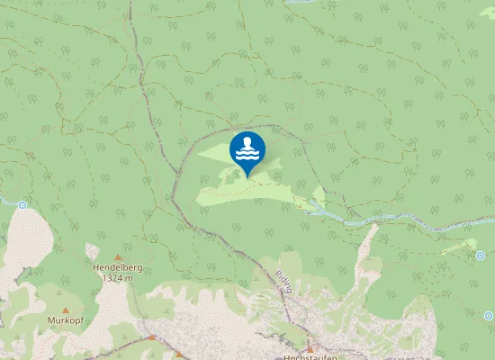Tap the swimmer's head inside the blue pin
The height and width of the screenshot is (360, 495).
coord(247,141)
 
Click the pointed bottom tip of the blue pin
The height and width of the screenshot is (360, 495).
coord(247,177)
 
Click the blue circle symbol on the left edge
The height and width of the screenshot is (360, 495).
coord(22,205)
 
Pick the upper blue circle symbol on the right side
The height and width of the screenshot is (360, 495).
coord(480,255)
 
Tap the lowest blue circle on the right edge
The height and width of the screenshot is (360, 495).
coord(489,316)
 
